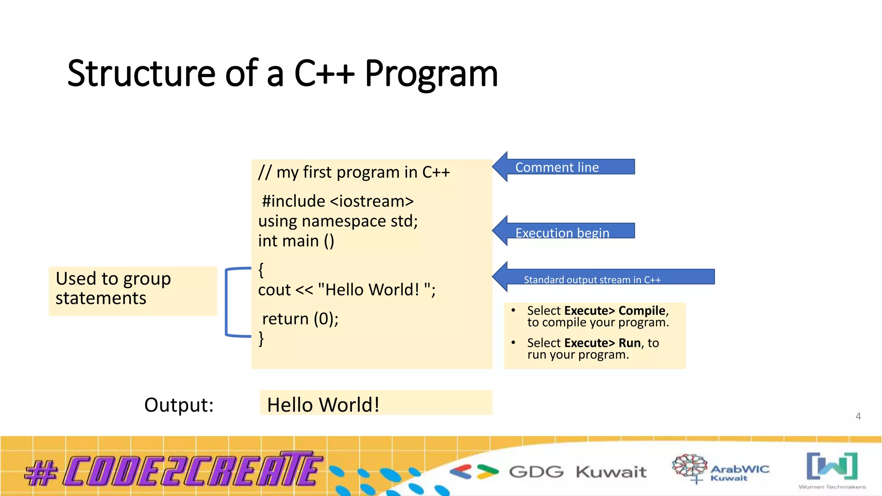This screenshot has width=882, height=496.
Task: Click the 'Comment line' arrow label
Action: click(557, 167)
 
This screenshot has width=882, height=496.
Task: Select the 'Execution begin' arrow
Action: click(562, 232)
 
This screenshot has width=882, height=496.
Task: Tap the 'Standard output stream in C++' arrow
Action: click(592, 278)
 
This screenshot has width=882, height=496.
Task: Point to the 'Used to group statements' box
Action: click(133, 291)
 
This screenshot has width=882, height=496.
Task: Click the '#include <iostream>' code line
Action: click(338, 201)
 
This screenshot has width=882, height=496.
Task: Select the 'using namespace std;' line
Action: click(338, 221)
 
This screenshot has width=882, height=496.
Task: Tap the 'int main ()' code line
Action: click(296, 241)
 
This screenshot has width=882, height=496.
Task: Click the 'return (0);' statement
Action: click(300, 319)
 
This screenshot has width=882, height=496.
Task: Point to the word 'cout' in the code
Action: click(274, 290)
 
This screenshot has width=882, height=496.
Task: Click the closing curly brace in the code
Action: click(261, 338)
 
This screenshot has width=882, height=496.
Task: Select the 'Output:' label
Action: click(179, 405)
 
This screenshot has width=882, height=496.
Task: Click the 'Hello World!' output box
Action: click(376, 403)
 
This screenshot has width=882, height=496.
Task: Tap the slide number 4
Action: click(858, 416)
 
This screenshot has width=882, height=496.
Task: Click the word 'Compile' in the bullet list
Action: click(642, 310)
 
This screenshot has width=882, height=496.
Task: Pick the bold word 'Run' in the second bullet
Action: click(630, 343)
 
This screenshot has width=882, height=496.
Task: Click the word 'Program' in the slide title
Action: click(431, 74)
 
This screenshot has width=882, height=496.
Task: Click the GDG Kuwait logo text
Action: click(577, 472)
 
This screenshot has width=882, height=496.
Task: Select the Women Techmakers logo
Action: click(832, 469)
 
